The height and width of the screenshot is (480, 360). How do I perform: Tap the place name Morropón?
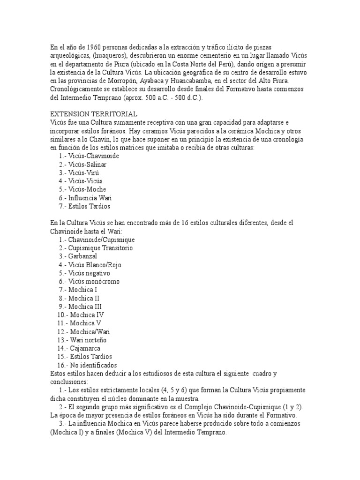pyautogui.click(x=122, y=81)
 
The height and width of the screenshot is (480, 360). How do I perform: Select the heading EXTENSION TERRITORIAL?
pyautogui.click(x=93, y=114)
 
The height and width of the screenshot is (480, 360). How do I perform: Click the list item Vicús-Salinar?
pyautogui.click(x=87, y=164)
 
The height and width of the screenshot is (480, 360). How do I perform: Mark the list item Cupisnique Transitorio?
pyautogui.click(x=101, y=248)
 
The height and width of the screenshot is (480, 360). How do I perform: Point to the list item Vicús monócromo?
pyautogui.click(x=94, y=281)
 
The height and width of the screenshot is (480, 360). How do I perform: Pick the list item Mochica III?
pyautogui.click(x=85, y=307)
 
